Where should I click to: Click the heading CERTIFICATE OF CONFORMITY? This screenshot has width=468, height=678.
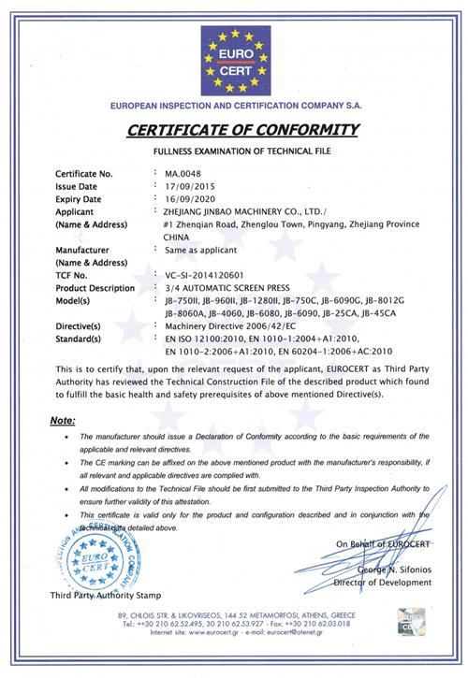(x=233, y=128)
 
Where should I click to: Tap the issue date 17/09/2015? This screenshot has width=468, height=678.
(x=190, y=186)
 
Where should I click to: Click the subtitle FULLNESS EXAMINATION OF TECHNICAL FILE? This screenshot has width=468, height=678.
(x=233, y=150)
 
